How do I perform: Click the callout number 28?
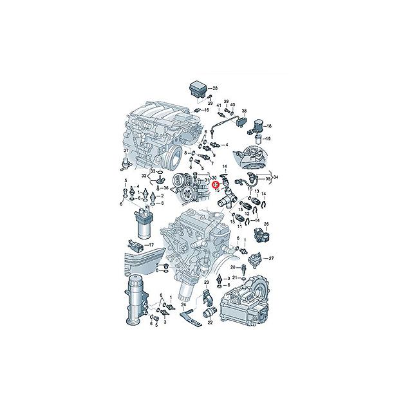[x=215, y=88]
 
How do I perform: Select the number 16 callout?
[x=207, y=110]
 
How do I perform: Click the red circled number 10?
[x=216, y=184]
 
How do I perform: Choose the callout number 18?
[x=270, y=126]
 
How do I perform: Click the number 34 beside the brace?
[x=277, y=176]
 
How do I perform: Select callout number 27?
[x=271, y=258]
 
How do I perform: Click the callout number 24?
[x=183, y=304]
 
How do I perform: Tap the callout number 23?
[x=207, y=283]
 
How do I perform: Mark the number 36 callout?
[x=165, y=188]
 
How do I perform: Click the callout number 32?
[x=144, y=174]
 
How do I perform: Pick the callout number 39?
[x=227, y=101]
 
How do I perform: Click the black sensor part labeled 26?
[x=263, y=237]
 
